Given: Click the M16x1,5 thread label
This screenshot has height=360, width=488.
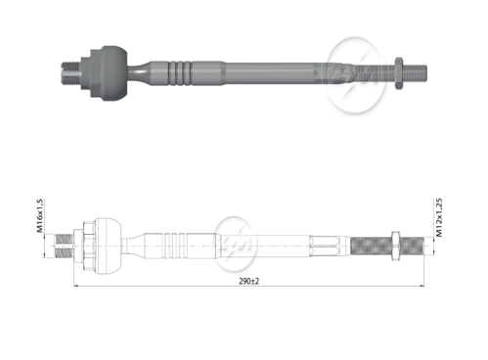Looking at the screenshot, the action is pyautogui.click(x=40, y=215).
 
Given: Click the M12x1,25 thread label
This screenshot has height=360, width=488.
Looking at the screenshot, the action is pyautogui.click(x=439, y=217).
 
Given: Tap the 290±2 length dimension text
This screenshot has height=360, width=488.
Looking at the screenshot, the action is pyautogui.click(x=249, y=281).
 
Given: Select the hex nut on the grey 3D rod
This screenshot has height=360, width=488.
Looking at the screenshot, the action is pyautogui.click(x=399, y=73).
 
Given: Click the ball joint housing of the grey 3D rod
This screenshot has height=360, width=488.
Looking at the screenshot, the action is pyautogui.click(x=113, y=73).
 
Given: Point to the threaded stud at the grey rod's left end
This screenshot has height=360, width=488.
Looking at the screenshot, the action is pyautogui.click(x=70, y=73).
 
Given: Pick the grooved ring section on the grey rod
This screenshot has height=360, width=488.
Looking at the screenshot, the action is pyautogui.click(x=179, y=73).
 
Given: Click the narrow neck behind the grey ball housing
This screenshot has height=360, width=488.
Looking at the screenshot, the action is pyautogui.click(x=138, y=72).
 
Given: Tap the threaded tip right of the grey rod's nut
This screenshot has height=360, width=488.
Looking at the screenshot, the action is pyautogui.click(x=415, y=73).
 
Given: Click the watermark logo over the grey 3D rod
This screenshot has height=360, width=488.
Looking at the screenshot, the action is pyautogui.click(x=355, y=75).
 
